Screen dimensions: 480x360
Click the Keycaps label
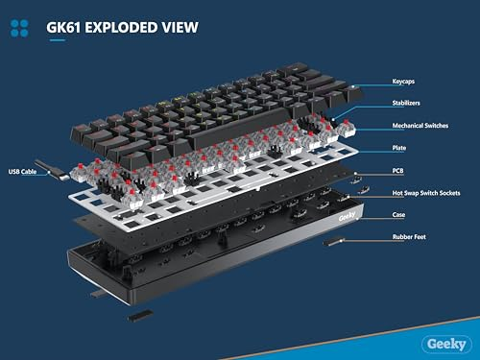pyautogui.click(x=403, y=82)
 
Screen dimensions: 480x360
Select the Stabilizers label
pyautogui.click(x=406, y=103)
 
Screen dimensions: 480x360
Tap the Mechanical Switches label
pyautogui.click(x=420, y=126)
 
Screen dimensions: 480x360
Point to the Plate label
pyautogui.click(x=399, y=148)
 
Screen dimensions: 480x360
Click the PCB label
pyautogui.click(x=397, y=171)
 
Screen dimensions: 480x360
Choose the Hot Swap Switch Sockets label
pyautogui.click(x=426, y=193)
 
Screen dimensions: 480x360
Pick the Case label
pyautogui.click(x=398, y=215)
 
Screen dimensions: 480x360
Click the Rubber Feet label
pyautogui.click(x=409, y=237)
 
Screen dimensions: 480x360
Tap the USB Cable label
pyautogui.click(x=22, y=172)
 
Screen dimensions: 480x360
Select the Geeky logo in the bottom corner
pyautogui.click(x=446, y=345)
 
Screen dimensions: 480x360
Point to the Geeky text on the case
pyautogui.click(x=347, y=217)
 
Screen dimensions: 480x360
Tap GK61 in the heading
pyautogui.click(x=63, y=27)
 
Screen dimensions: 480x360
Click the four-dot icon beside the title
pyautogui.click(x=19, y=29)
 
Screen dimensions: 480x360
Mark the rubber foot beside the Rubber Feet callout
pyautogui.click(x=333, y=242)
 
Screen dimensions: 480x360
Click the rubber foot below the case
pyautogui.click(x=140, y=315)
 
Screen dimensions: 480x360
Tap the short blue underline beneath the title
pyautogui.click(x=58, y=40)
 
